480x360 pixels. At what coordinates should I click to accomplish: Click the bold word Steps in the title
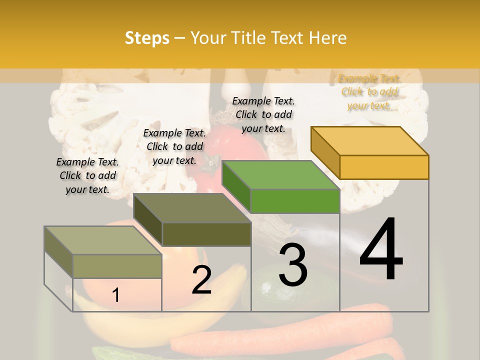coord(147,38)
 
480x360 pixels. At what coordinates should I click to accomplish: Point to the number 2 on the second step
coord(201,280)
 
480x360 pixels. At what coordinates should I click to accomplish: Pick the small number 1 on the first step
coord(115,295)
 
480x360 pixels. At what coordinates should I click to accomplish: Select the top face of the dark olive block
coord(192,208)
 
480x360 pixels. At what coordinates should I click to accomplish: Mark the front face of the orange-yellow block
coord(384,167)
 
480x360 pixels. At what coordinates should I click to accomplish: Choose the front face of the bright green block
coord(295,201)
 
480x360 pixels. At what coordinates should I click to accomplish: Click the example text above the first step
coord(87,175)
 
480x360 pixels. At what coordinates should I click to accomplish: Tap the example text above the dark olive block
coord(174,146)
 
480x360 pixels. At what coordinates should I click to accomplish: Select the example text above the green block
coord(263,114)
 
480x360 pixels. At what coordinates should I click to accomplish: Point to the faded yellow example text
coord(369,92)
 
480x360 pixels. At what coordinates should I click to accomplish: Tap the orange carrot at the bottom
coord(280,340)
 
